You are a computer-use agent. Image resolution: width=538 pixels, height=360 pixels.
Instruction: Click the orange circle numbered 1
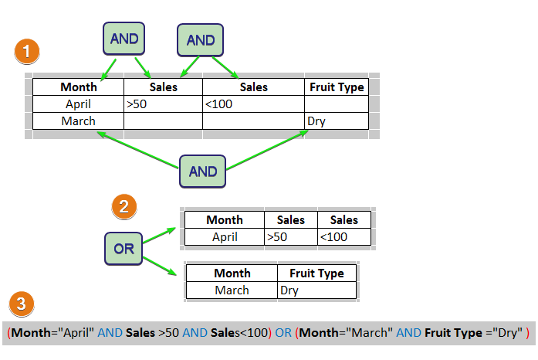27,52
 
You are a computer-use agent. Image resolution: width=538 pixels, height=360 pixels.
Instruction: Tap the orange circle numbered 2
124,207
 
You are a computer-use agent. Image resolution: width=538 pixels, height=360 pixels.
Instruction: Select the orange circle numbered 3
22,304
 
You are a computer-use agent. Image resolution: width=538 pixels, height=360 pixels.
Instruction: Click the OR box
124,249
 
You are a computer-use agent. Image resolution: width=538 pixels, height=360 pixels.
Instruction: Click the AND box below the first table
202,172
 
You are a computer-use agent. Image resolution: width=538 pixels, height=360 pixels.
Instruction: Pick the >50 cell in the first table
163,104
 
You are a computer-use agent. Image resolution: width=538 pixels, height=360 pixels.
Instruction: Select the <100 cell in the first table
253,104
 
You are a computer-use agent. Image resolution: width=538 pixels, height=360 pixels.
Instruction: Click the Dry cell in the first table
337,121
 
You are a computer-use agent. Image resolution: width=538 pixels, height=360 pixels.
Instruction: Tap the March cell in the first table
78,121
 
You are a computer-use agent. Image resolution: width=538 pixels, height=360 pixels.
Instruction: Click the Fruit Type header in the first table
337,87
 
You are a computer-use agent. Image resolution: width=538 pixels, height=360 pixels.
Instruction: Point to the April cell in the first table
78,104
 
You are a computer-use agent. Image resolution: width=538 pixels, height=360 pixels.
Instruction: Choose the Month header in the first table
78,87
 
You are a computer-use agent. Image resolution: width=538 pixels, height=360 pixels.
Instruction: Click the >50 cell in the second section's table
291,237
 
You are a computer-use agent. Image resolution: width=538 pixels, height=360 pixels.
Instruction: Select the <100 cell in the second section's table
344,237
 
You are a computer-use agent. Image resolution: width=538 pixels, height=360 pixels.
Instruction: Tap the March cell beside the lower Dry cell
232,290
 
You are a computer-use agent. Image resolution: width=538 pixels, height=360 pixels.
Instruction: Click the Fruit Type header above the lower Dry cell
316,273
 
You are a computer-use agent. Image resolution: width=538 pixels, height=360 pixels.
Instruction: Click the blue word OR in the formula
283,333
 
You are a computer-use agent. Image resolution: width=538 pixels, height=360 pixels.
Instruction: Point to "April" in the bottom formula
76,333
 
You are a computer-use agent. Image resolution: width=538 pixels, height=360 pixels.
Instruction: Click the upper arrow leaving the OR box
159,236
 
